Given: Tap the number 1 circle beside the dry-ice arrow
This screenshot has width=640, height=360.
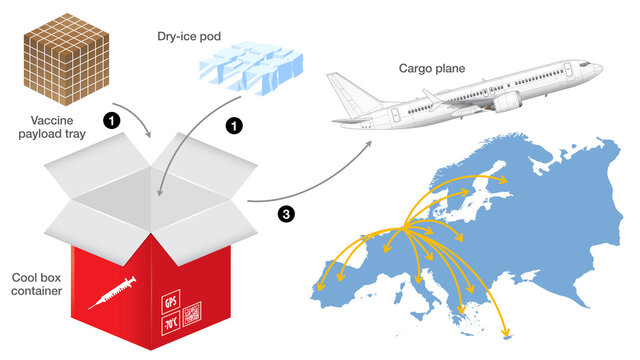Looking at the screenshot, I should click(x=235, y=127).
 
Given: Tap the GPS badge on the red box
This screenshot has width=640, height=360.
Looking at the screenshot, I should click(x=169, y=301).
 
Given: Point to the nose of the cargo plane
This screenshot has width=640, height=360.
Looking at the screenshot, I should click(x=598, y=69).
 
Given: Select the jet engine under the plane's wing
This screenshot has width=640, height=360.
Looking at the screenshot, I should click(x=504, y=102).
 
